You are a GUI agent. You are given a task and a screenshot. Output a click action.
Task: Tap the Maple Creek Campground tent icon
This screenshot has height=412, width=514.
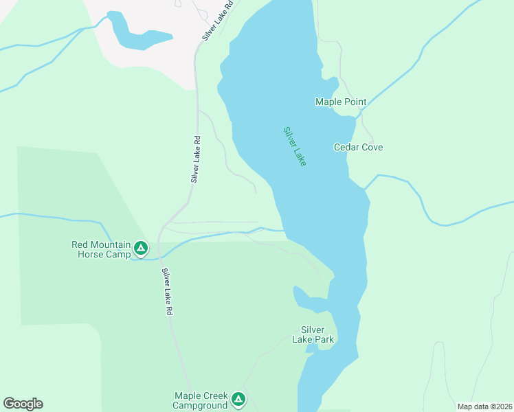[238, 399]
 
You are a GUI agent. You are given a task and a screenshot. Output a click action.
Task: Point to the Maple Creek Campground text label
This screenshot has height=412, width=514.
[200, 400]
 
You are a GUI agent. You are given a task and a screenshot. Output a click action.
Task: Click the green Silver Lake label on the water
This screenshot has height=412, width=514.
[295, 146]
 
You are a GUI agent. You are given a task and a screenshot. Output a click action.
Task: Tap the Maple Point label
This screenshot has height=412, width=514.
[340, 102]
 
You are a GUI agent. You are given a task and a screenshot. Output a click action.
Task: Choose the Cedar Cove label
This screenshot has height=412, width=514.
[358, 147]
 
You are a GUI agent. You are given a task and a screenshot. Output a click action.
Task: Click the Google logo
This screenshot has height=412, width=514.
[23, 404]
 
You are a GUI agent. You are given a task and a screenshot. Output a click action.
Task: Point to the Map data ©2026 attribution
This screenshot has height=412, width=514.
[484, 407]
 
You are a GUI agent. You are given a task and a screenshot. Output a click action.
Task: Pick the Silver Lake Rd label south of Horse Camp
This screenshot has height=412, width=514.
[167, 292]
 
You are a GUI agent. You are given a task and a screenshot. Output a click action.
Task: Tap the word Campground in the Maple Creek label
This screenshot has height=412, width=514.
[200, 405]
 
